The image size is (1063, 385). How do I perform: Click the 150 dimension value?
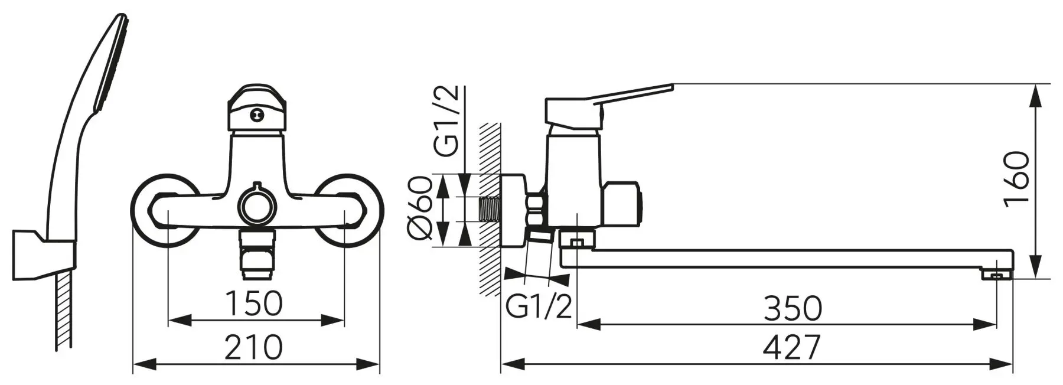click(x=255, y=304)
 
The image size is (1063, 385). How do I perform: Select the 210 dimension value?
click(x=255, y=347)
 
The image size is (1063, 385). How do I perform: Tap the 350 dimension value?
click(x=793, y=308)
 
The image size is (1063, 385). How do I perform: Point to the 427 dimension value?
click(x=792, y=347)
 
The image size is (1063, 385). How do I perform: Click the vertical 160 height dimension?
click(x=1017, y=177)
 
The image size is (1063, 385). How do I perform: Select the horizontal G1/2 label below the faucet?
click(x=539, y=307)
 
